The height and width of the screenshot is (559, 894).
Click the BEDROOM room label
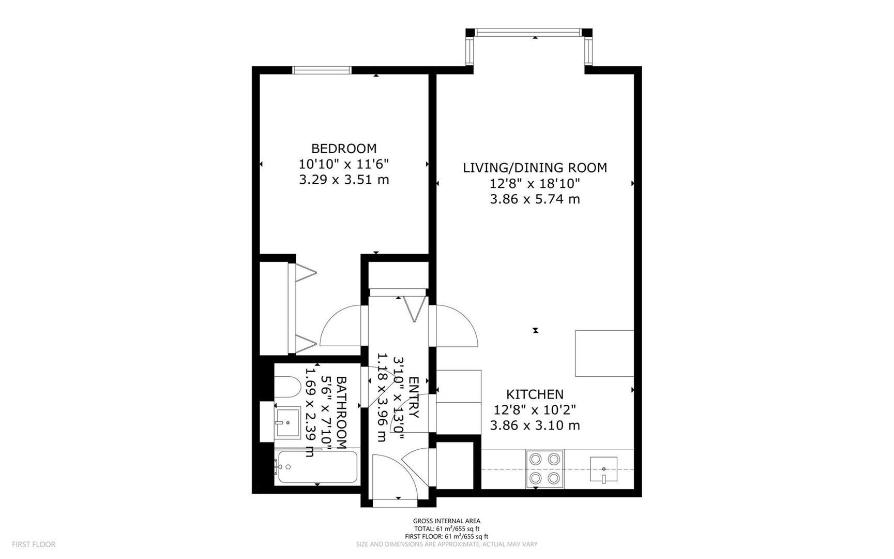(344, 149)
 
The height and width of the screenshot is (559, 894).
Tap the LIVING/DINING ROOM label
(535, 168)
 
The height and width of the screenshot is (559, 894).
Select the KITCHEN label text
(535, 394)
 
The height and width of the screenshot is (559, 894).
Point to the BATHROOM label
(341, 413)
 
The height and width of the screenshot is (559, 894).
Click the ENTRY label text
(414, 398)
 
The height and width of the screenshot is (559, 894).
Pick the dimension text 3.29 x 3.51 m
(344, 180)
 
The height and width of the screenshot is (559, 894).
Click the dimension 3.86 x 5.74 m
(535, 199)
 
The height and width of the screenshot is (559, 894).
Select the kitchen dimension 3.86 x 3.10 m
(535, 425)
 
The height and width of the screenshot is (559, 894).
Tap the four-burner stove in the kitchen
(545, 468)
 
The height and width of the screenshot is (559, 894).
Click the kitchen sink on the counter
(604, 469)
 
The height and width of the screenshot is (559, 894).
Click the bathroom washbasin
(287, 422)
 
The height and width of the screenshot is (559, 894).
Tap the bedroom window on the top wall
(322, 70)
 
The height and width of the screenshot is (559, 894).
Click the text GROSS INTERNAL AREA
(446, 521)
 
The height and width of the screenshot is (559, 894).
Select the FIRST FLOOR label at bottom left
(34, 545)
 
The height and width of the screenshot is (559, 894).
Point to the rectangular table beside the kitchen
(604, 353)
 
